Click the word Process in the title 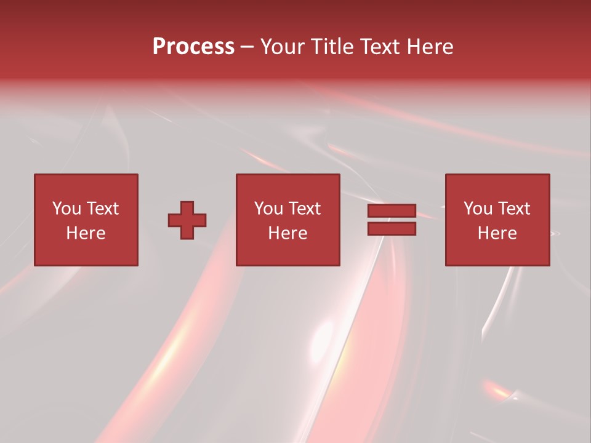(x=193, y=47)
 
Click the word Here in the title (x=431, y=47)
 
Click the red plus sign (x=187, y=220)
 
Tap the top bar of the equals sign (x=392, y=211)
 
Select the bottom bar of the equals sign (x=392, y=229)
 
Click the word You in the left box (x=66, y=209)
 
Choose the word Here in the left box (x=86, y=233)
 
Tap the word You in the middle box (x=268, y=209)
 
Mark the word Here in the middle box (x=287, y=233)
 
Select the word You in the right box (x=478, y=209)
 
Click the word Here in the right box (x=497, y=233)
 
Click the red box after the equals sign (x=497, y=252)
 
